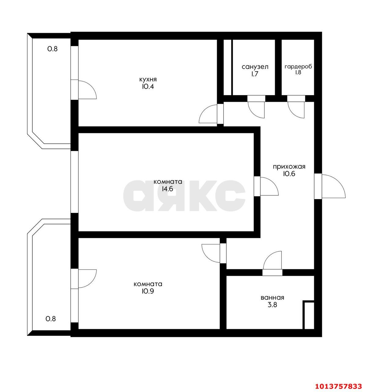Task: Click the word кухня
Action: (x=148, y=79)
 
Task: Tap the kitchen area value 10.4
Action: (x=148, y=86)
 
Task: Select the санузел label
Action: (x=255, y=67)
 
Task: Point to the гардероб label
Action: (x=298, y=67)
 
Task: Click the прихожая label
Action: (x=289, y=167)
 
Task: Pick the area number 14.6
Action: (x=167, y=189)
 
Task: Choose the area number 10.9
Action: (x=148, y=291)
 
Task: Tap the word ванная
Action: (x=272, y=297)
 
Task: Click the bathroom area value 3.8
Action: (x=273, y=305)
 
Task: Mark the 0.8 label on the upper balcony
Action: (x=52, y=49)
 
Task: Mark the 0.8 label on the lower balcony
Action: (x=51, y=319)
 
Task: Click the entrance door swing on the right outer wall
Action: (x=334, y=186)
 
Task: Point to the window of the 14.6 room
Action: (x=75, y=182)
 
